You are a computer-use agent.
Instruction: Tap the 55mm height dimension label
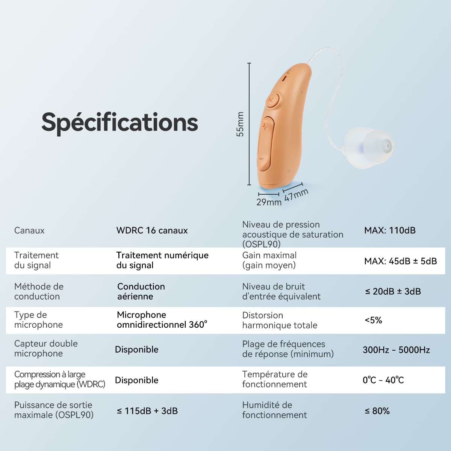click(x=240, y=124)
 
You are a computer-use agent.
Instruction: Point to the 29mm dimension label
click(x=269, y=202)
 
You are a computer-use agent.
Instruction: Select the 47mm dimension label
click(x=296, y=195)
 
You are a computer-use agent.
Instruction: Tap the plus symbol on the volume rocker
click(x=265, y=127)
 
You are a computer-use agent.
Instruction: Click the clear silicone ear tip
click(x=369, y=147)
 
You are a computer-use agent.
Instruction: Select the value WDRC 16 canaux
click(x=152, y=230)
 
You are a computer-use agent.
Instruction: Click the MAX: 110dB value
click(x=390, y=230)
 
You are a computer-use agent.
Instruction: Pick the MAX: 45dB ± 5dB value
click(x=400, y=261)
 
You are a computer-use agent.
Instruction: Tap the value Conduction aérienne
click(x=141, y=291)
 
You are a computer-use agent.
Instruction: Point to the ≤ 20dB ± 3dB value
click(x=393, y=292)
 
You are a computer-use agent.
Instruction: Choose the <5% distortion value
click(x=373, y=320)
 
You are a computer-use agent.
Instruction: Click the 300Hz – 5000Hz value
click(x=396, y=350)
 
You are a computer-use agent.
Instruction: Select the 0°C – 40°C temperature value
click(x=383, y=380)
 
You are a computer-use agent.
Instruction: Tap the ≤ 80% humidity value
click(x=377, y=411)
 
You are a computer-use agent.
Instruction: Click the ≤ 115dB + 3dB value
click(x=147, y=411)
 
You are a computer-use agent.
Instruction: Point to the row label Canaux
click(x=29, y=230)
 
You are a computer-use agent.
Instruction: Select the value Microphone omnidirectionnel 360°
click(x=162, y=320)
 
